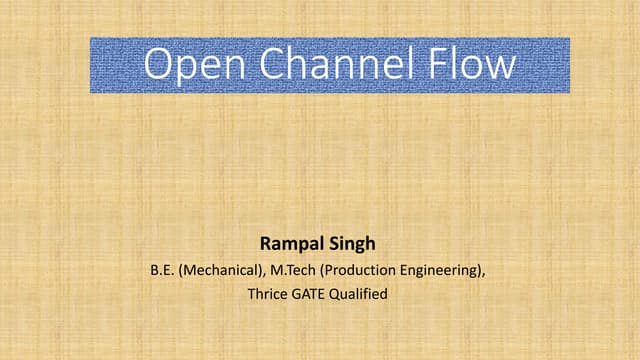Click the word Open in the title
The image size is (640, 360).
(x=190, y=64)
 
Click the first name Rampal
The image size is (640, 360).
(x=291, y=243)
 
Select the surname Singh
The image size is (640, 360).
(x=354, y=243)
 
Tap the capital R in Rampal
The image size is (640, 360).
(x=265, y=243)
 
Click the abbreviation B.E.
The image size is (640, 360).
(x=162, y=269)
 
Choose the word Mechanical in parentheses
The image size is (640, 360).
(x=218, y=269)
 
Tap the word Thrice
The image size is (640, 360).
(x=266, y=294)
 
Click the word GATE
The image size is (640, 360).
(x=309, y=294)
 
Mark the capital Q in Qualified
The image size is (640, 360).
(x=337, y=294)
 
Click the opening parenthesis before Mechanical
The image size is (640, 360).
(x=181, y=269)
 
